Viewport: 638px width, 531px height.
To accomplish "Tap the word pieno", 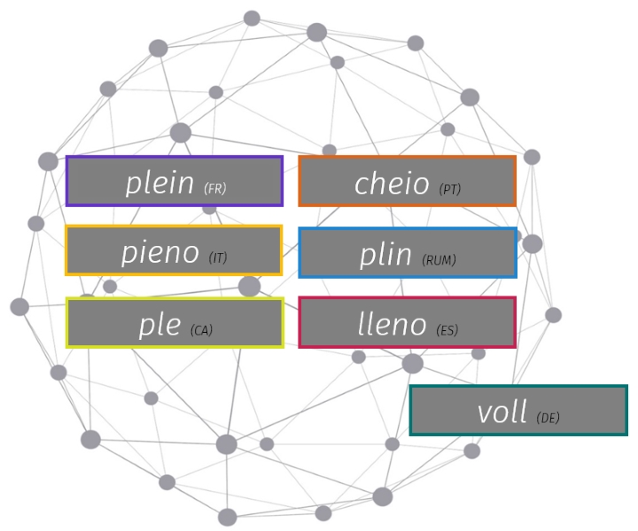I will (159, 253).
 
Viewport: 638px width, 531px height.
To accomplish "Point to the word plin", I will (387, 254).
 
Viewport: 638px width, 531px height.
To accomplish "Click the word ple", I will (159, 325).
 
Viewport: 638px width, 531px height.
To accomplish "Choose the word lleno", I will (391, 324).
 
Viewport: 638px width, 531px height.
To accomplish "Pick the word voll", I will (502, 412).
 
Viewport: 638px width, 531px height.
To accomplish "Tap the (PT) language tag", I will (450, 189).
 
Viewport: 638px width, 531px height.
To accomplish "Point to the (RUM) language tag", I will (440, 259).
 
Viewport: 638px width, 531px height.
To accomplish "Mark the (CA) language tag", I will (201, 330).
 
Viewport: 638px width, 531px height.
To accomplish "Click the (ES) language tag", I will (447, 330).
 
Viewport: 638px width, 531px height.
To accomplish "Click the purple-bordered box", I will (174, 181).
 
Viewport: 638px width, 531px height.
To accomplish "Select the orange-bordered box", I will (407, 181).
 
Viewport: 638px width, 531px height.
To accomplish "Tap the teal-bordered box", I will (518, 411).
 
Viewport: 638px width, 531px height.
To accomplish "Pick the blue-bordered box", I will (407, 252).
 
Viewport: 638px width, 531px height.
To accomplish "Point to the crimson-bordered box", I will (407, 322).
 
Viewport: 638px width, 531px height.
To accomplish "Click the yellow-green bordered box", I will (175, 322).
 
